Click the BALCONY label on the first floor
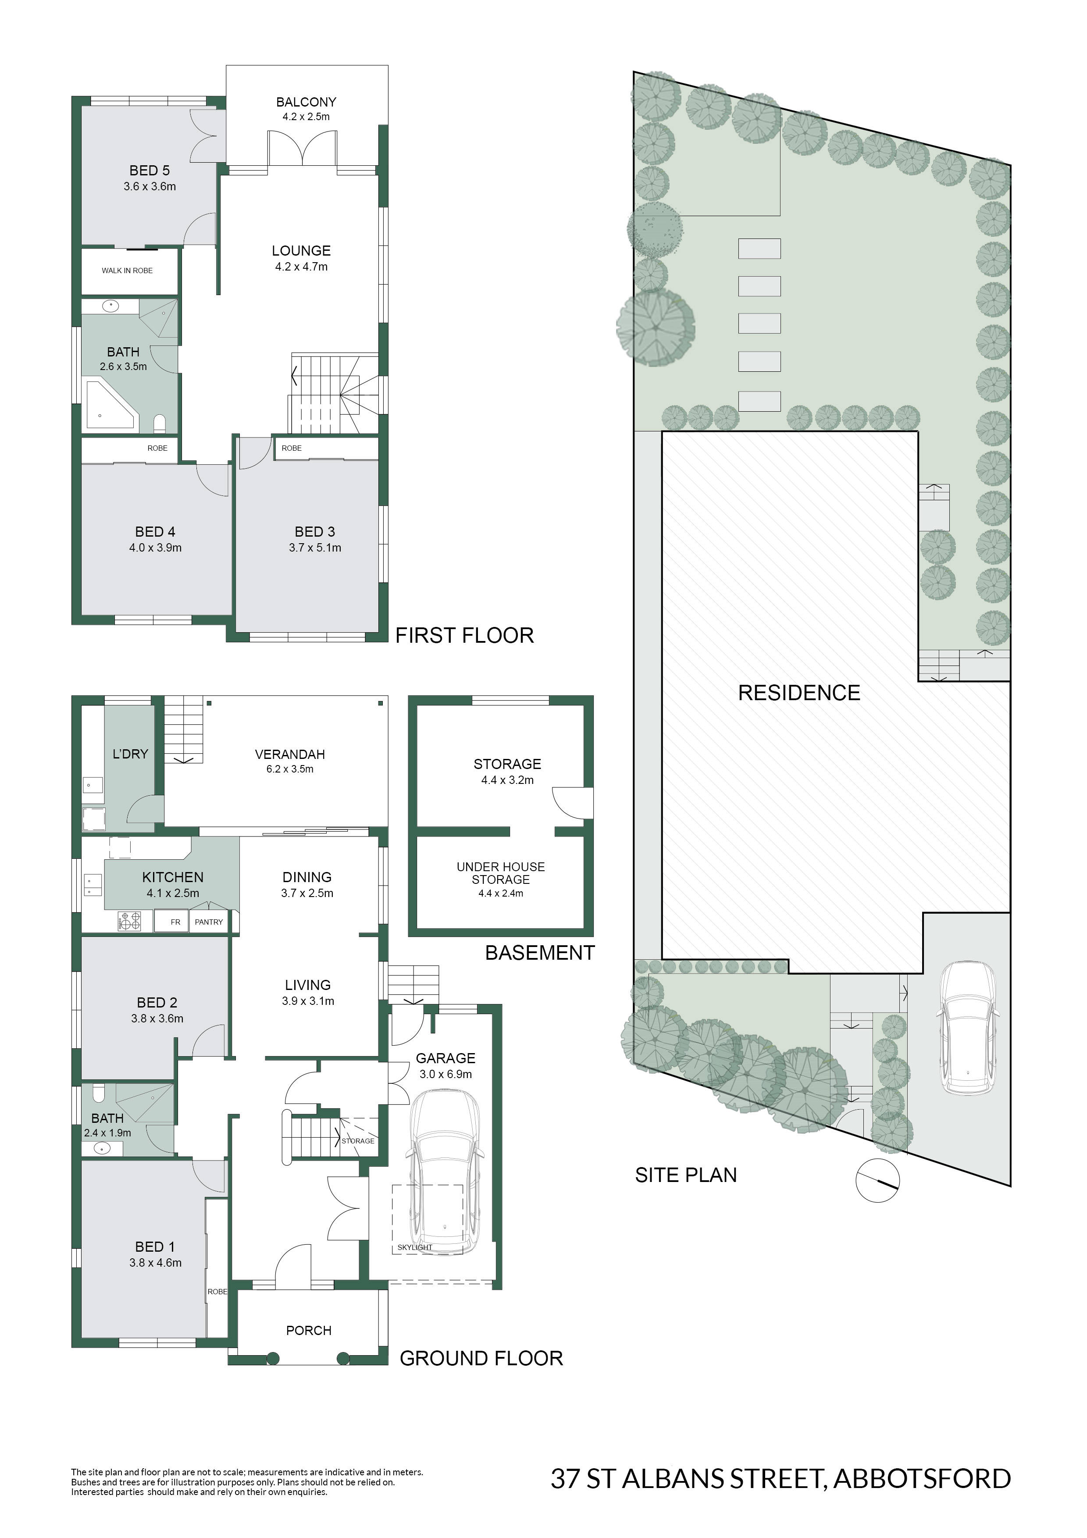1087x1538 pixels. point(306,102)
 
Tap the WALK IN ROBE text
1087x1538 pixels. point(127,271)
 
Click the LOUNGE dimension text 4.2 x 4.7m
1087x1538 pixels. point(301,267)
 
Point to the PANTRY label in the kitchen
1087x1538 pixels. point(209,922)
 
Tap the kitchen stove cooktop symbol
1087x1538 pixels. point(130,921)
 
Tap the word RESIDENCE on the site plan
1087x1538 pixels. point(799,693)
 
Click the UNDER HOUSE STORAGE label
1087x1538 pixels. point(501,873)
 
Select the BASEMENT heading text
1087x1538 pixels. point(540,953)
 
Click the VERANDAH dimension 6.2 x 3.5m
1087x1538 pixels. point(290,769)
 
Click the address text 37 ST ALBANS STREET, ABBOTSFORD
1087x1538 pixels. point(781,1478)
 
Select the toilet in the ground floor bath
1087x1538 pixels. point(99,1093)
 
